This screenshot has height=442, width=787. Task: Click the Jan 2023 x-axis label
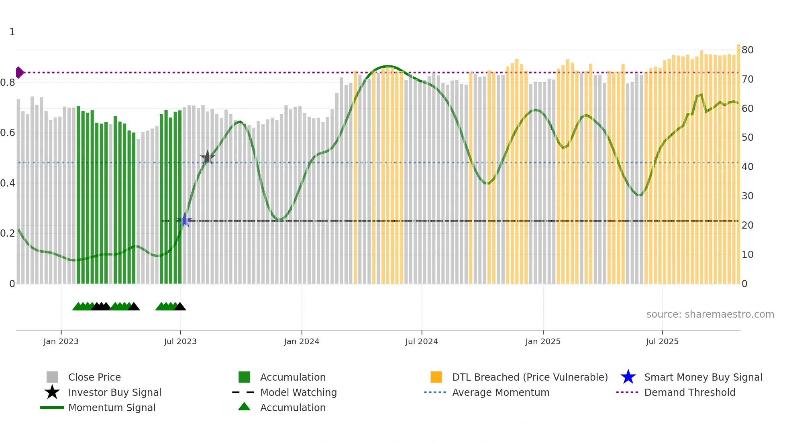tap(61, 341)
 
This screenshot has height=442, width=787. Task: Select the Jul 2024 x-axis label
tap(422, 341)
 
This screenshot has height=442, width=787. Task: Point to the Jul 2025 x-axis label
tap(662, 341)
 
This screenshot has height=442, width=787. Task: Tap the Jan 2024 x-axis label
tap(302, 341)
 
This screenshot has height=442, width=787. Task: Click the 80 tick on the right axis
tap(747, 50)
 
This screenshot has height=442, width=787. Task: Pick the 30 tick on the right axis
tap(747, 196)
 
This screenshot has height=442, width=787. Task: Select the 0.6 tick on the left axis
tap(8, 133)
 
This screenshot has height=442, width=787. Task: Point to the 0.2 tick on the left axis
tap(8, 233)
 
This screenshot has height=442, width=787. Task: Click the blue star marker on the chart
tap(185, 220)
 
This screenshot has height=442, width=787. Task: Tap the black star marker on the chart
tap(208, 158)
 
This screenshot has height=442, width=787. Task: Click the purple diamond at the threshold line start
tap(19, 73)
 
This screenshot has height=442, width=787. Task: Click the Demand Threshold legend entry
tap(689, 392)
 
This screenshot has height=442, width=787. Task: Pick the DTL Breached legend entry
tap(530, 377)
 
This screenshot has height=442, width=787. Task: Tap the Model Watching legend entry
tap(298, 392)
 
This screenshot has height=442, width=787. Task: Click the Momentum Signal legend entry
tap(112, 408)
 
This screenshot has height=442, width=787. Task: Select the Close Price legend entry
tap(94, 377)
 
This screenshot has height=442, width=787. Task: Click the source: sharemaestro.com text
tap(710, 314)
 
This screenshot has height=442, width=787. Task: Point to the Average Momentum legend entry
tap(500, 392)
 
